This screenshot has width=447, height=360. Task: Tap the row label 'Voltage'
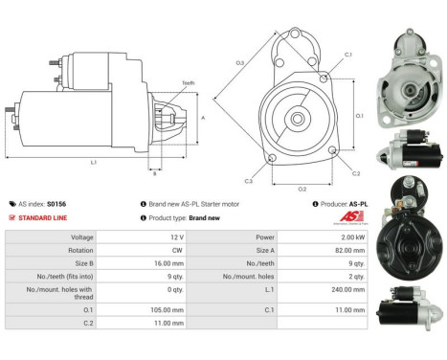81,236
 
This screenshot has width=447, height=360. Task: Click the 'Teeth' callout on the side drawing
188,84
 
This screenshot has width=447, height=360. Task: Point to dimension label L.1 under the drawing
93,163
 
